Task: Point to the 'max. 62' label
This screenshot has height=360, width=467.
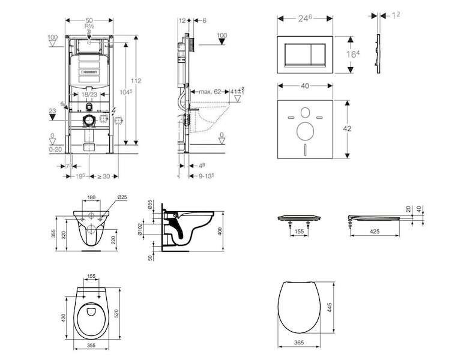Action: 205,92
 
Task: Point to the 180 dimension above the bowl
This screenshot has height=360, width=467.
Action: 91,196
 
